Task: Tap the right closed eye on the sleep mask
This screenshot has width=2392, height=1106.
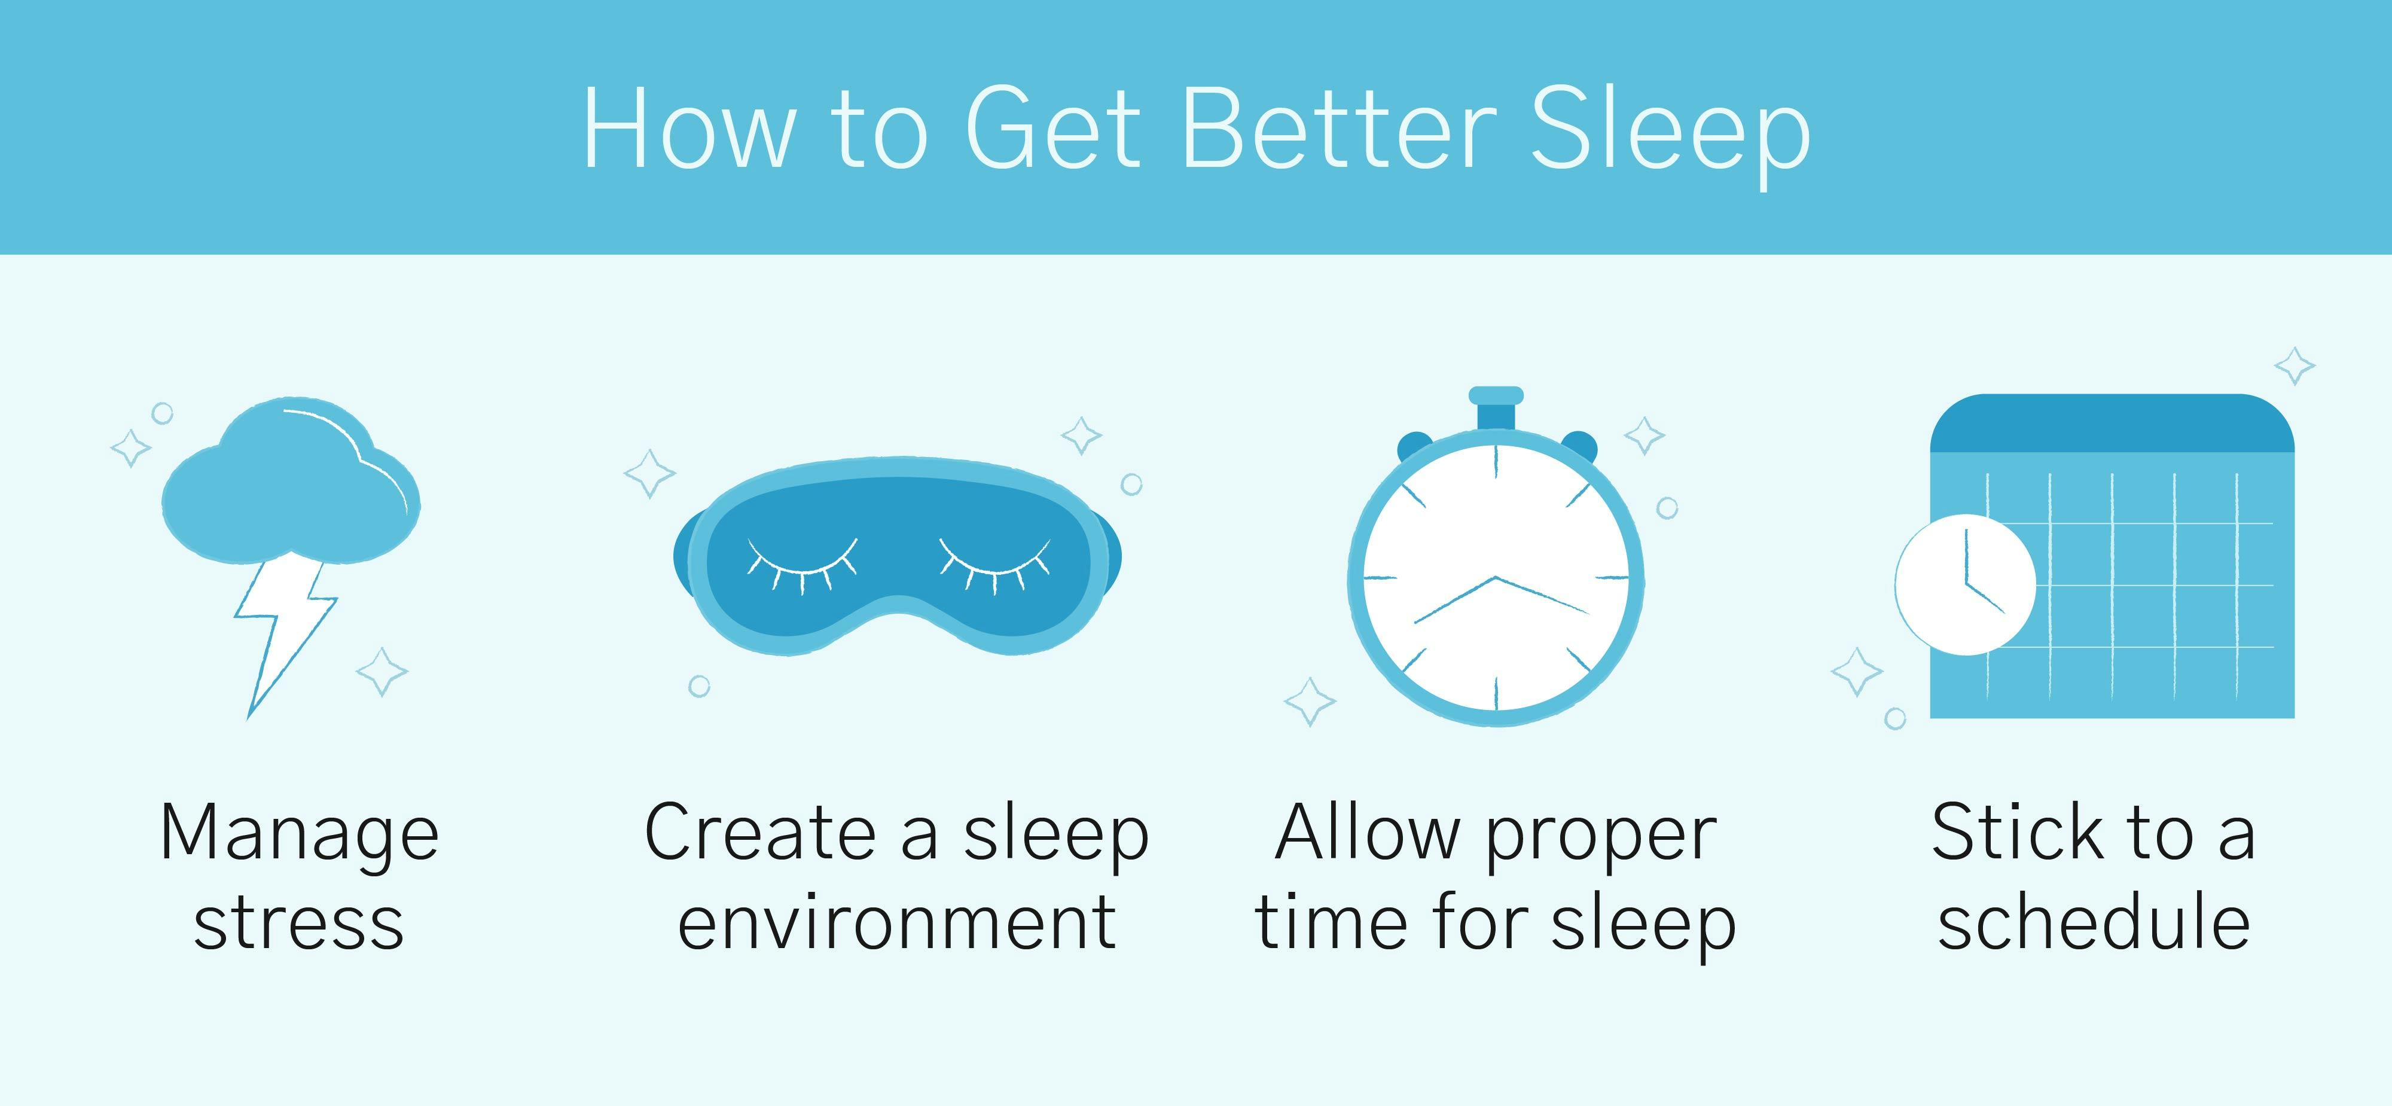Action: click(994, 563)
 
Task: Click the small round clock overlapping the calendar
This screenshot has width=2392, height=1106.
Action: click(1965, 584)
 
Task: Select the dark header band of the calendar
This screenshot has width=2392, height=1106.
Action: click(2112, 423)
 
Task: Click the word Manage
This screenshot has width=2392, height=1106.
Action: click(299, 834)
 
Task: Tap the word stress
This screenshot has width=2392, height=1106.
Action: click(299, 924)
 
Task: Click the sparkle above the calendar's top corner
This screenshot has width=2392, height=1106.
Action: click(2295, 366)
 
